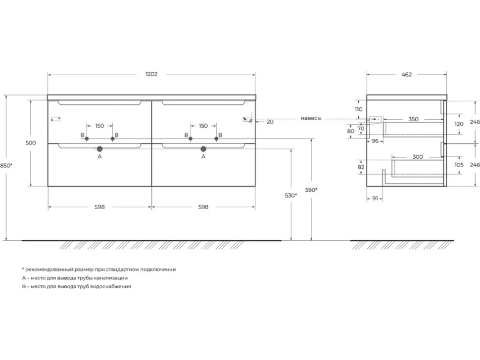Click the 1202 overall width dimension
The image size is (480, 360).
click(x=151, y=74)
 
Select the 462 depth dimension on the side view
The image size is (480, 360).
click(x=407, y=74)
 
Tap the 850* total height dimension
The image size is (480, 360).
click(x=6, y=166)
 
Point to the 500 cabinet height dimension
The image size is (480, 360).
click(x=31, y=143)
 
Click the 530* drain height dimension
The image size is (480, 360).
click(x=291, y=195)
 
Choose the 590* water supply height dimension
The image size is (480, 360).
click(x=311, y=190)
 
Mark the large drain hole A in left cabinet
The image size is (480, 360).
click(x=99, y=149)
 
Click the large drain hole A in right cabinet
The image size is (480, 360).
click(x=203, y=149)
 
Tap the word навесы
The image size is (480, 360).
click(x=311, y=118)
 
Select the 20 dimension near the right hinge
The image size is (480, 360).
click(x=270, y=122)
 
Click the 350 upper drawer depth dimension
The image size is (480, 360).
click(x=413, y=119)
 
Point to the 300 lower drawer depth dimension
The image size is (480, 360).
click(x=418, y=157)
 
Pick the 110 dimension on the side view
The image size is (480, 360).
click(x=358, y=109)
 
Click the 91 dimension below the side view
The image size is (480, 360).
click(x=375, y=198)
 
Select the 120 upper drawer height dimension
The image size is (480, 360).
click(x=459, y=124)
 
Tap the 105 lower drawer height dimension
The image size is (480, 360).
click(x=459, y=165)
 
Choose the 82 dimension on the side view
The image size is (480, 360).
click(x=361, y=167)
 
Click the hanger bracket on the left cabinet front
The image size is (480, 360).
click(x=56, y=119)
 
